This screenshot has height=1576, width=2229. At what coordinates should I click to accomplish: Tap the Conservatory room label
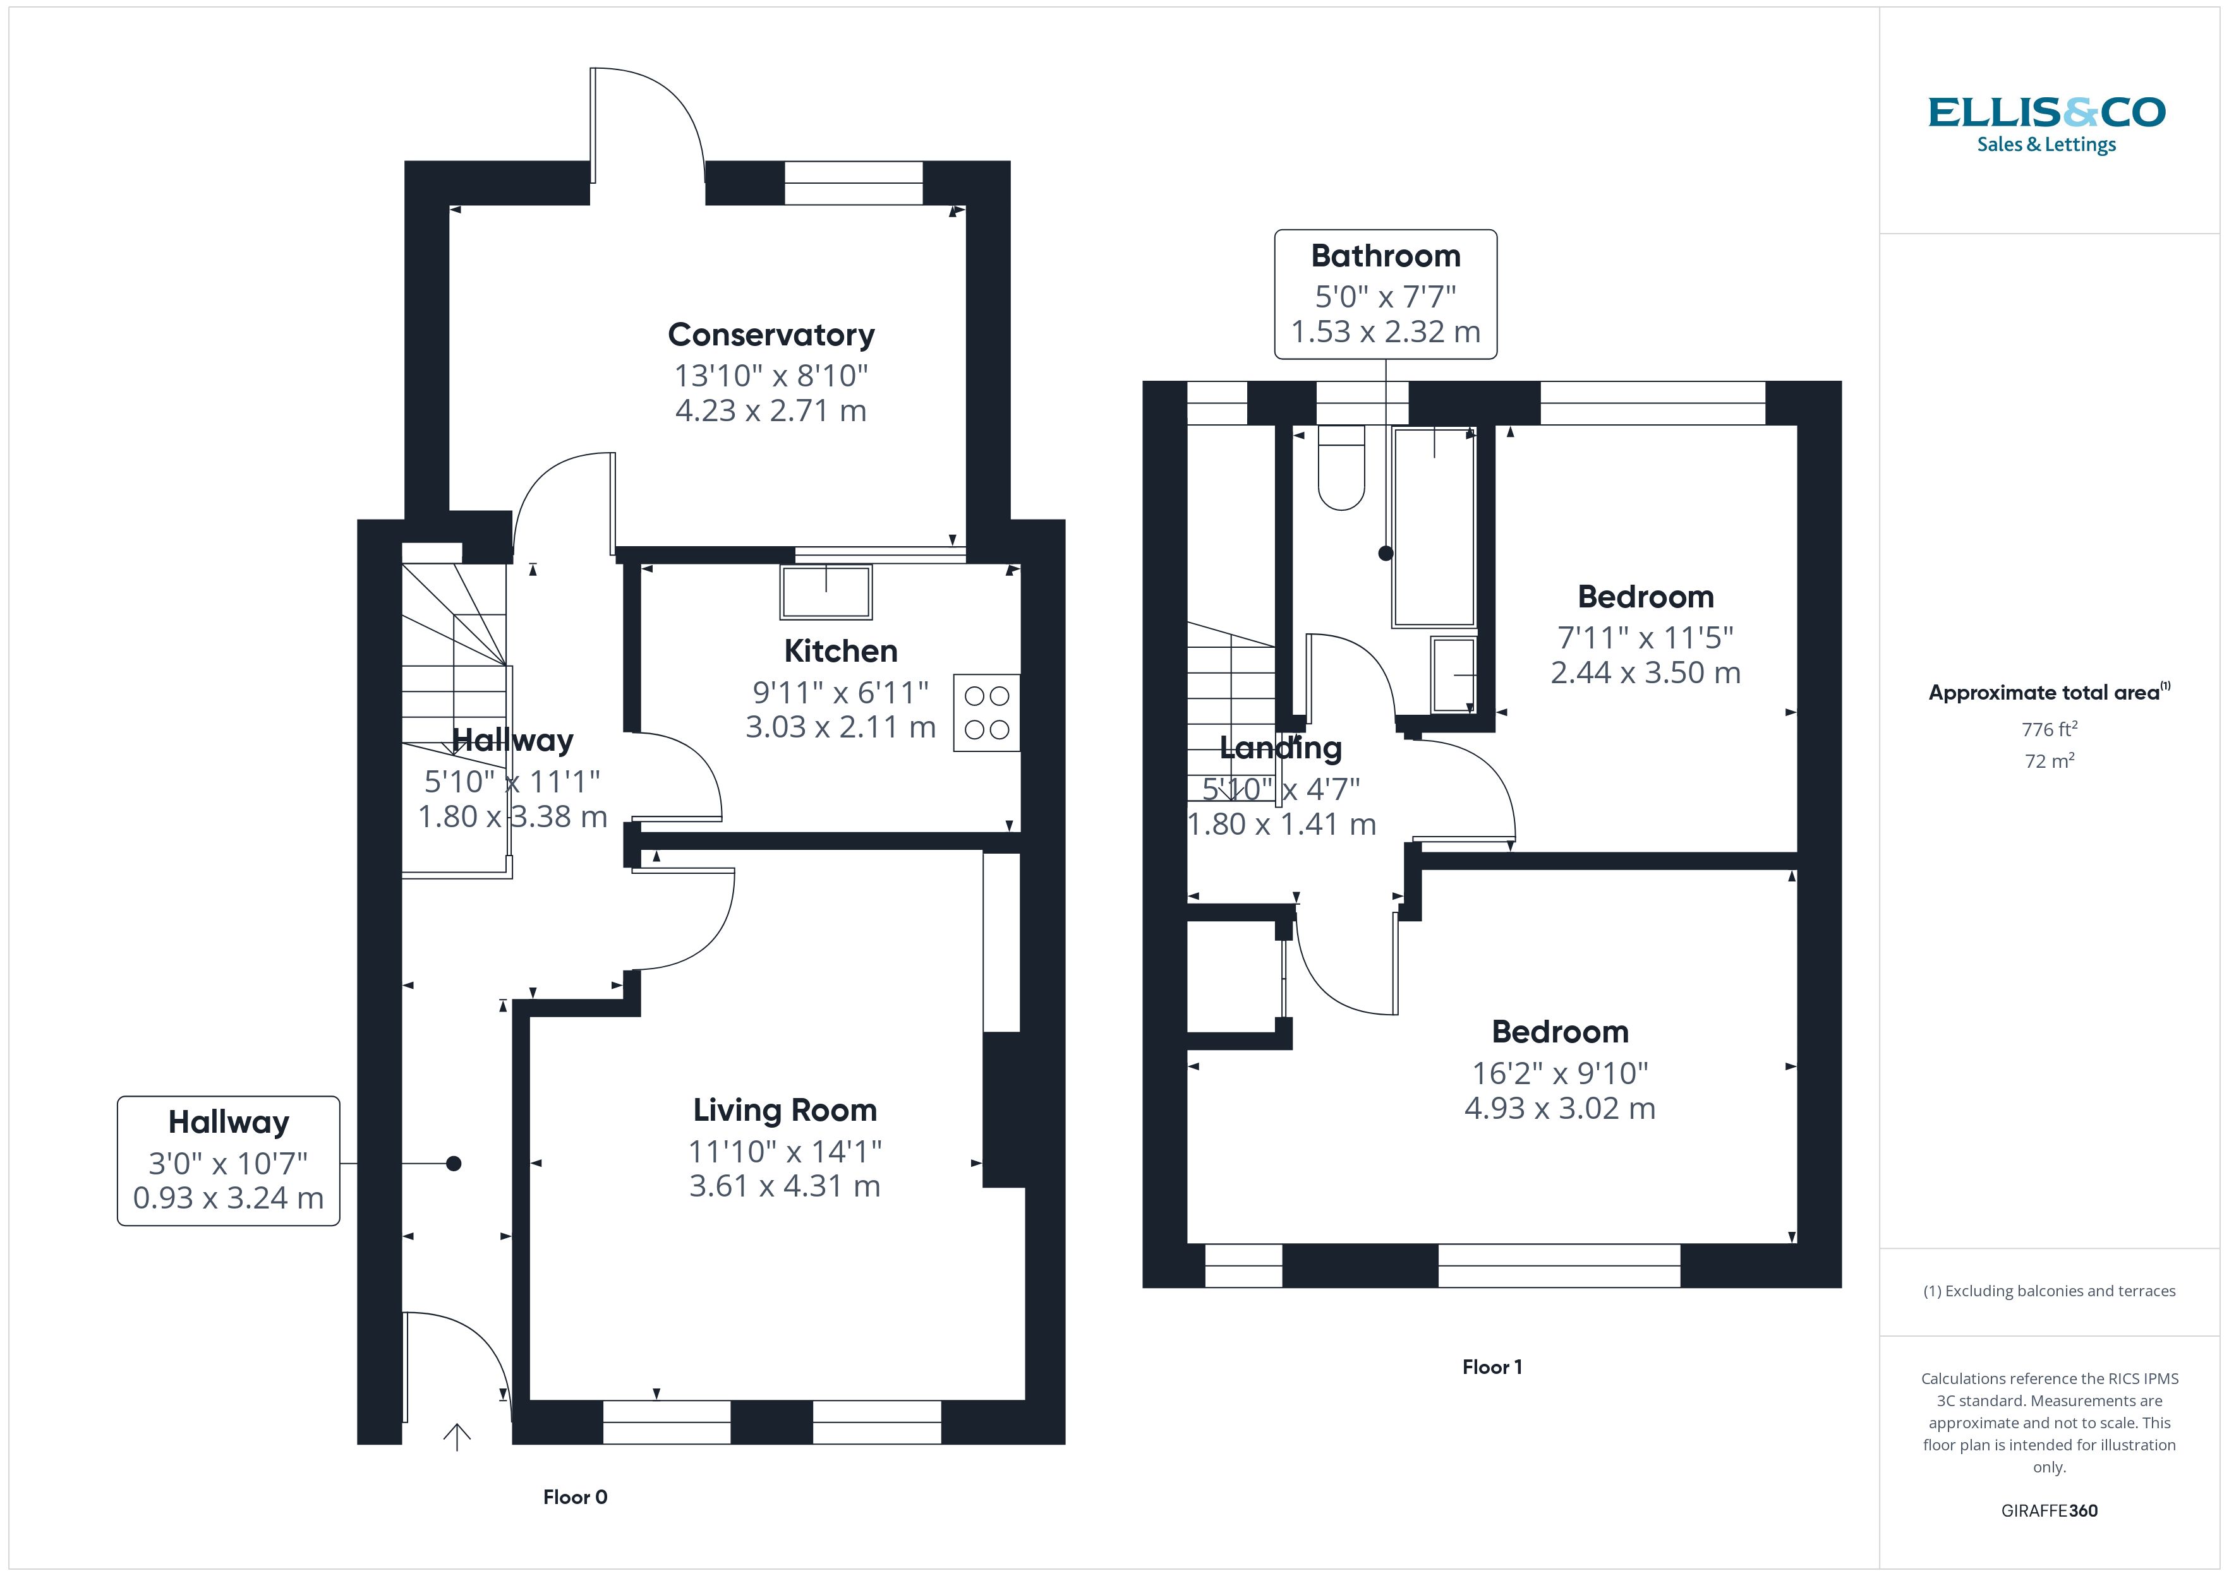tap(771, 335)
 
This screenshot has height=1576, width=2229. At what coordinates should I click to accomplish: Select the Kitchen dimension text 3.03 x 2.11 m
tap(840, 727)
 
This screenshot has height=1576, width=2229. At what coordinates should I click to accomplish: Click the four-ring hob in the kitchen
tap(986, 712)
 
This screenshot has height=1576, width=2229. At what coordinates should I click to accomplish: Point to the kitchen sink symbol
tap(825, 591)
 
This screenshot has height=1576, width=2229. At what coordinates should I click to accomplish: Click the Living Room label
tap(785, 1109)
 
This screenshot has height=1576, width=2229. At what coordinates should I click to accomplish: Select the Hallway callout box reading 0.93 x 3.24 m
tap(228, 1161)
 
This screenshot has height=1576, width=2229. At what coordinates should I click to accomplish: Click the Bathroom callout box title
tap(1386, 256)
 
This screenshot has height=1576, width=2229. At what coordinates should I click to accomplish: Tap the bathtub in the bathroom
tap(1434, 528)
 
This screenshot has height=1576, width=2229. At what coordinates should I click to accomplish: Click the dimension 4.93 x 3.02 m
tap(1559, 1108)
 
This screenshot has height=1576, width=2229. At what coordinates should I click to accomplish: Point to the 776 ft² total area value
tap(2048, 729)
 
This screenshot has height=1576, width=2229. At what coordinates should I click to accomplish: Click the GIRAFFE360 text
tap(2048, 1511)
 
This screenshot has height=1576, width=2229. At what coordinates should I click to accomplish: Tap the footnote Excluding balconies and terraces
tap(2048, 1291)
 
